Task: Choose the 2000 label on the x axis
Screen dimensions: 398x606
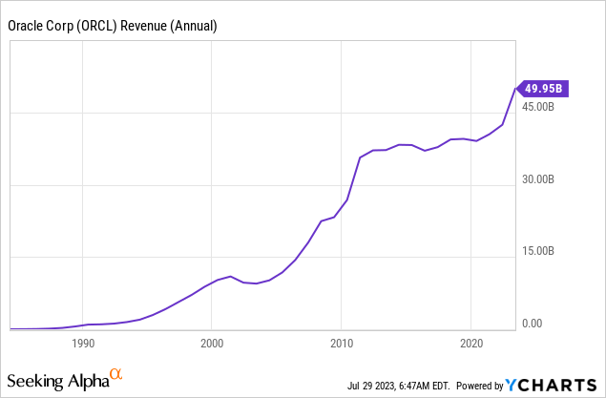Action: pos(212,344)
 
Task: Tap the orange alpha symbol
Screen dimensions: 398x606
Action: pos(116,374)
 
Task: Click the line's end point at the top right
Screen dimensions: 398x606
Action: pos(515,89)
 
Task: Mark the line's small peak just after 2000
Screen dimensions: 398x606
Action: pos(230,276)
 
